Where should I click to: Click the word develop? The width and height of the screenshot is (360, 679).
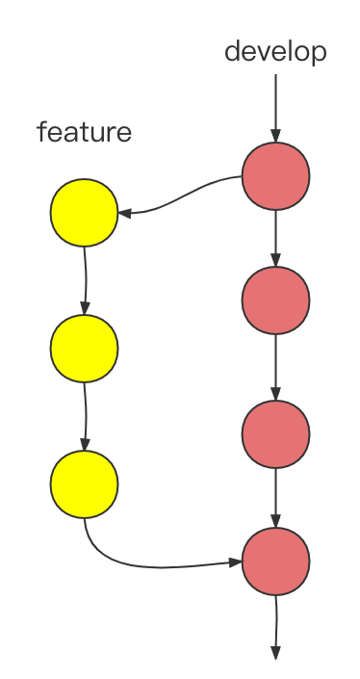(x=275, y=51)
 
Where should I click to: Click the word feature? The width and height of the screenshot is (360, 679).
(x=84, y=132)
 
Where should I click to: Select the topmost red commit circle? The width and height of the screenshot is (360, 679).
(x=275, y=176)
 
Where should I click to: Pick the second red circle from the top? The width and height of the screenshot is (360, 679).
(x=275, y=300)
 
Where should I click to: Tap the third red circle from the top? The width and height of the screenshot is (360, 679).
(x=275, y=434)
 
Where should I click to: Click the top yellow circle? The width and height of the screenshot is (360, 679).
(x=84, y=213)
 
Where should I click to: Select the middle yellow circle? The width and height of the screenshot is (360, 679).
(x=84, y=347)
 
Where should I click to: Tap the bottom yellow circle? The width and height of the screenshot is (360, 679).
(x=84, y=483)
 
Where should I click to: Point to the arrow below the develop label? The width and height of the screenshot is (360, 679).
(x=275, y=106)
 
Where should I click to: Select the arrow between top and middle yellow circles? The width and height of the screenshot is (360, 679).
(x=85, y=279)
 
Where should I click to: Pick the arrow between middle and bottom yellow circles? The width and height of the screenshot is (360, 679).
(x=85, y=415)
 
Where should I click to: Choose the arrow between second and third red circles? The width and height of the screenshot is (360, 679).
(x=275, y=367)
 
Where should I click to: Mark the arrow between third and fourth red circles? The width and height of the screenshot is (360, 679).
(x=275, y=497)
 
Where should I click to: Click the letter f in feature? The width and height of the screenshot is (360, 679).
(x=42, y=131)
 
